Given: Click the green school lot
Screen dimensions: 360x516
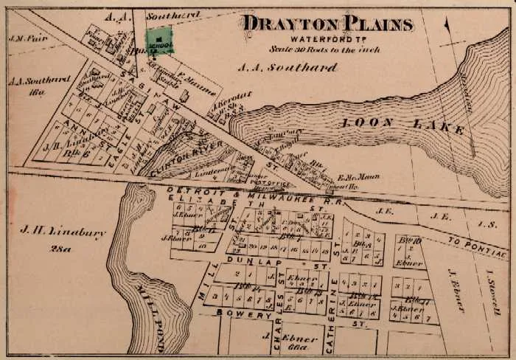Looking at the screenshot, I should point(159,40).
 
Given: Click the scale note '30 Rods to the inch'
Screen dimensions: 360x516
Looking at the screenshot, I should point(327,49).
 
